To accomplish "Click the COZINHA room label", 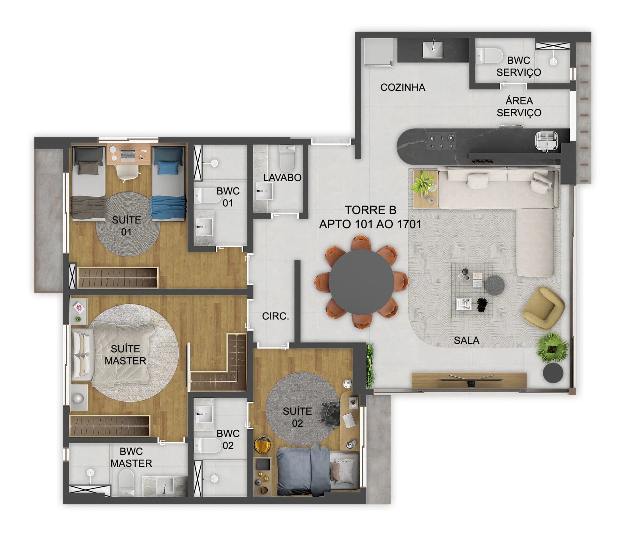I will pyautogui.click(x=402, y=87).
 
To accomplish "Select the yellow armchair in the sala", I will pyautogui.click(x=543, y=308).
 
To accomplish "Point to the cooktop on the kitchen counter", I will pyautogui.click(x=442, y=141).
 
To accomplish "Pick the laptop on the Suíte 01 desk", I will pyautogui.click(x=128, y=155).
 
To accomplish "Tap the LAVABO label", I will pyautogui.click(x=282, y=177).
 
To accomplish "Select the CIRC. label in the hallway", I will pyautogui.click(x=275, y=316).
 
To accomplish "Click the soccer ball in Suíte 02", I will pyautogui.click(x=347, y=384).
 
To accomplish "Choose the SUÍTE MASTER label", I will pyautogui.click(x=125, y=355).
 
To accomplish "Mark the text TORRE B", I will pyautogui.click(x=370, y=210).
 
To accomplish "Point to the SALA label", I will pyautogui.click(x=466, y=340).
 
